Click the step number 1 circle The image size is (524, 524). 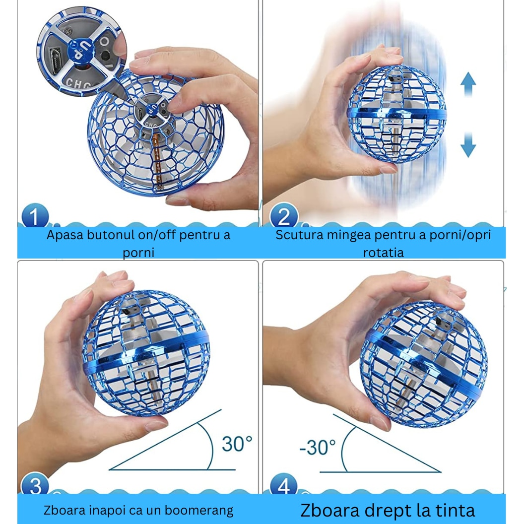click(35, 216)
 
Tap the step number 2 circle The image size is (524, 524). click(284, 216)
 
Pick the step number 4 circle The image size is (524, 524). click(284, 485)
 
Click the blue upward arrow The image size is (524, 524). click(468, 84)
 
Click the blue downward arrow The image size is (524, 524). click(468, 144)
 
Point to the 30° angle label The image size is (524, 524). click(237, 444)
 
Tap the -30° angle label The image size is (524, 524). click(318, 447)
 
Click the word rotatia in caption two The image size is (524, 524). click(383, 252)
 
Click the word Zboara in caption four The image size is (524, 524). click(330, 510)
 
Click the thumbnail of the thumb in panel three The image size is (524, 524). click(156, 425)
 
